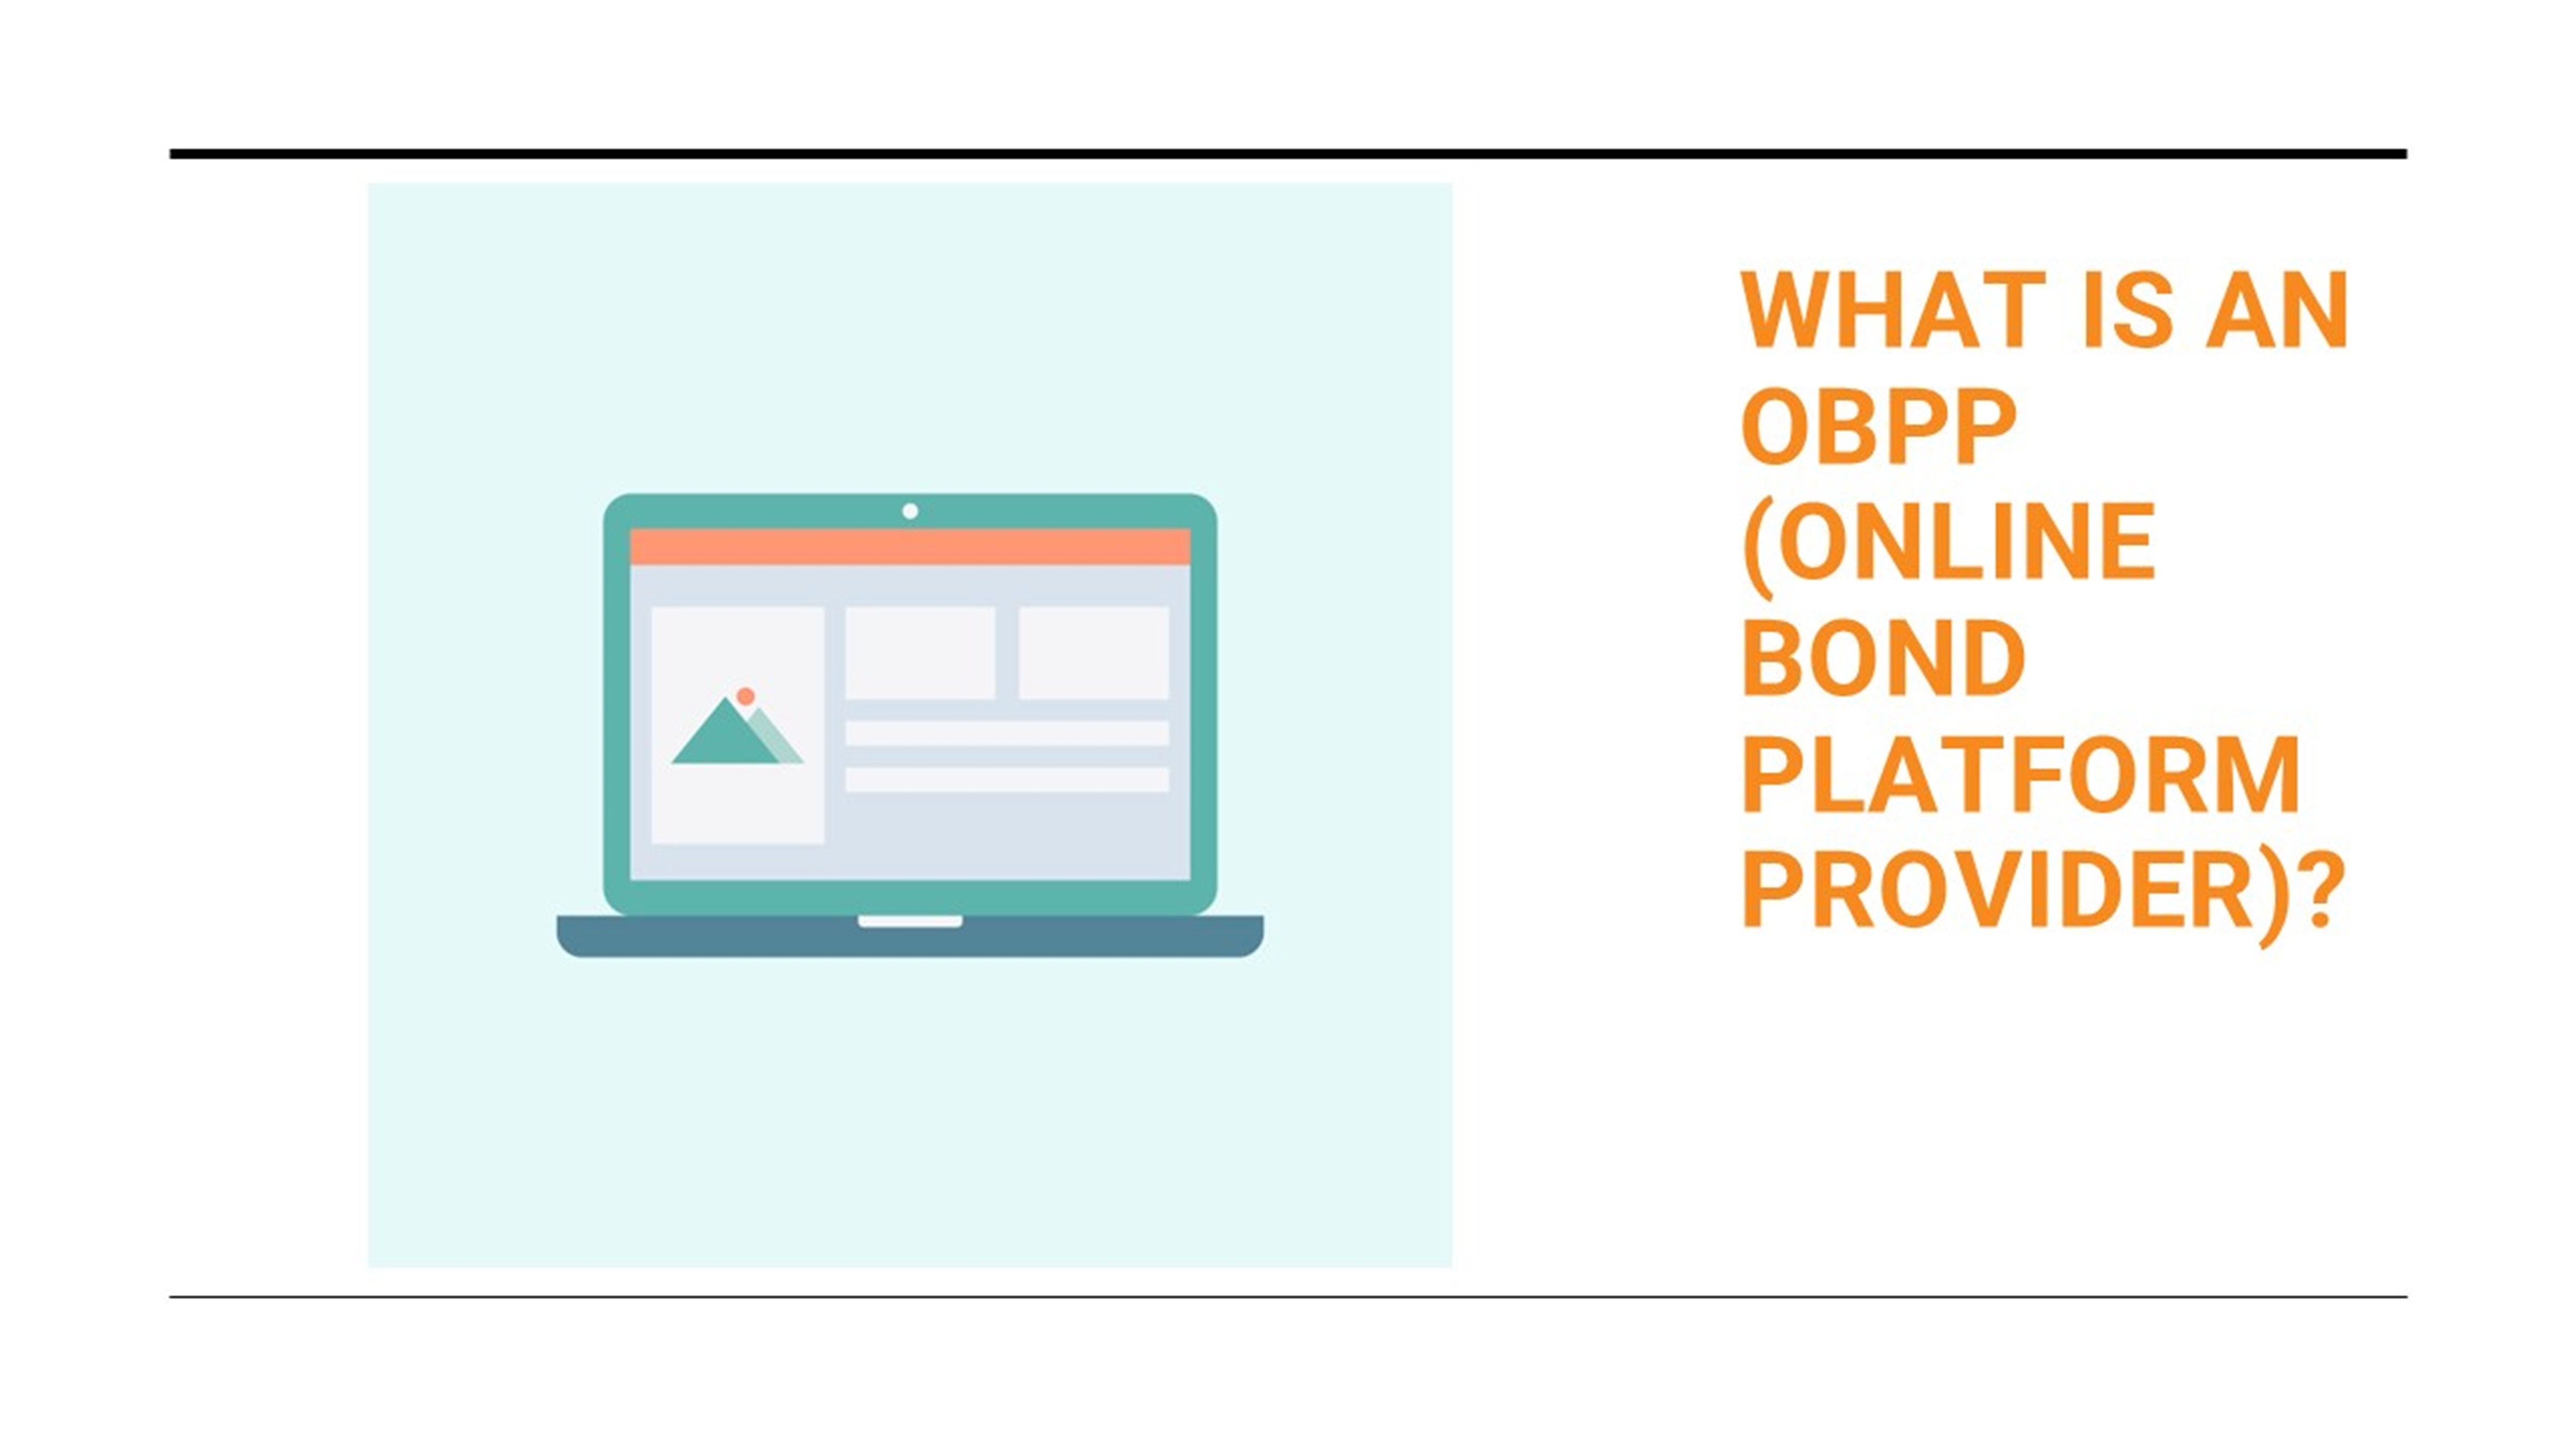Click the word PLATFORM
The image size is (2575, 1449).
(x=2021, y=775)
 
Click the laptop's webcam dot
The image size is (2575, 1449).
(x=910, y=511)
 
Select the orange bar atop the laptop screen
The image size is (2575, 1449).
(x=910, y=547)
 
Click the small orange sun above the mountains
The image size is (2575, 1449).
(x=745, y=695)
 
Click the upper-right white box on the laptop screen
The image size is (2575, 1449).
(x=1094, y=652)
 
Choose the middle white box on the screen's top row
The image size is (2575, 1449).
(x=919, y=652)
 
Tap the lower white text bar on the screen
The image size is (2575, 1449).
(x=1006, y=779)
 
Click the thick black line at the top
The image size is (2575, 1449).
(x=1287, y=154)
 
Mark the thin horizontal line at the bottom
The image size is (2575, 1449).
(x=1287, y=1297)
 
